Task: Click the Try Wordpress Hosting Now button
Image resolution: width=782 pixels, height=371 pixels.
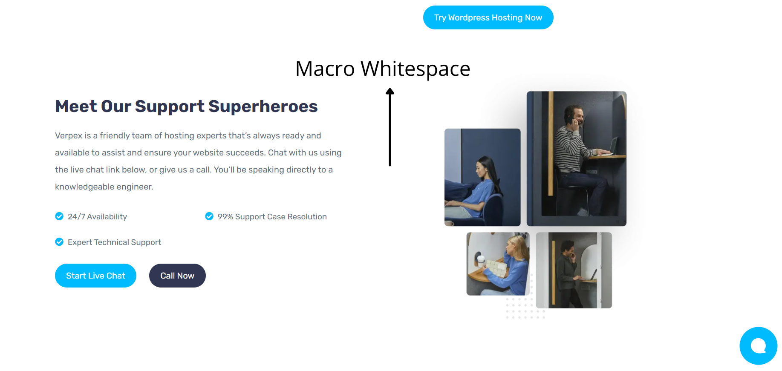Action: click(488, 17)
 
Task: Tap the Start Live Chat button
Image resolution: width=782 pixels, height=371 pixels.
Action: click(95, 276)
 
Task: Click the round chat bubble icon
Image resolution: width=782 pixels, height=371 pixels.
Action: click(758, 346)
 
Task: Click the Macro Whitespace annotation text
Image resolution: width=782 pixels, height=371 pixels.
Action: click(383, 69)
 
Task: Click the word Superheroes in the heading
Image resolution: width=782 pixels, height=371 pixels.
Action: click(263, 106)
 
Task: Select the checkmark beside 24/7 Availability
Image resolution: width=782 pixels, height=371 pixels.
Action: click(59, 216)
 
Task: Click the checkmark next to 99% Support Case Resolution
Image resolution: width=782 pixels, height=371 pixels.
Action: click(209, 216)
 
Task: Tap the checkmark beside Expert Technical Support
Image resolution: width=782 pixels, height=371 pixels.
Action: click(59, 242)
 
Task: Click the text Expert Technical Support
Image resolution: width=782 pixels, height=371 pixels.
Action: click(114, 242)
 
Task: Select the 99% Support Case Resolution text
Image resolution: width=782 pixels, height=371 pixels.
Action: click(272, 216)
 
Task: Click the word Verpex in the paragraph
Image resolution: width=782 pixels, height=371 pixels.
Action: click(69, 135)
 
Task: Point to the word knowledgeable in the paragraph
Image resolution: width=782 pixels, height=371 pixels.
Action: click(85, 187)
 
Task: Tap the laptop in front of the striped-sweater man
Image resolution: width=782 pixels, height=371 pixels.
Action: click(613, 146)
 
